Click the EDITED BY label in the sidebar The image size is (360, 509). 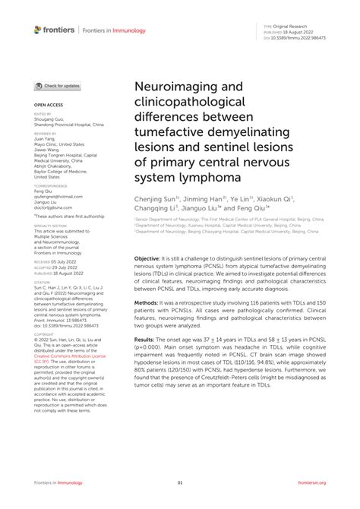tap(43, 115)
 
